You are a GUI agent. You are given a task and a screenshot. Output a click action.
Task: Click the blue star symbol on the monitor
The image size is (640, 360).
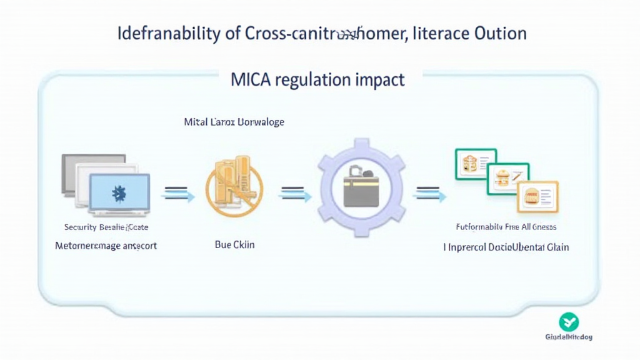[x=119, y=193]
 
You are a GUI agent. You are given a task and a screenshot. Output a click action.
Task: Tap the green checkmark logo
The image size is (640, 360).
[x=569, y=322]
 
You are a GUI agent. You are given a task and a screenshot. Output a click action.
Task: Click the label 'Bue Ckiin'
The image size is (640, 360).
[x=234, y=245]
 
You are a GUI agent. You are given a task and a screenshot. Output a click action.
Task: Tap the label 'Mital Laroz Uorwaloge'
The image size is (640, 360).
[x=234, y=122]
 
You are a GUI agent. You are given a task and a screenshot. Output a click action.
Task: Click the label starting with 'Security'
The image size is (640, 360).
[x=106, y=227]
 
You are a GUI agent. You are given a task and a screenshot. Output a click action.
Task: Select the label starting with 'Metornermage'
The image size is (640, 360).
[x=106, y=246]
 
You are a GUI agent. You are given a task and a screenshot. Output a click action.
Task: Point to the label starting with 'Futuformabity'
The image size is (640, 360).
[x=506, y=227]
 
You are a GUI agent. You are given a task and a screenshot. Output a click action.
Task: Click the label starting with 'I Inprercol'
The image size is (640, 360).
[x=506, y=247]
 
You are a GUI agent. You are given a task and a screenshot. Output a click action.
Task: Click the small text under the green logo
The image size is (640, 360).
[x=568, y=337]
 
